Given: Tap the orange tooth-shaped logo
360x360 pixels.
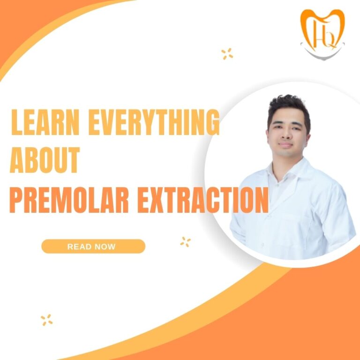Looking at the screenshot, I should click(322, 30).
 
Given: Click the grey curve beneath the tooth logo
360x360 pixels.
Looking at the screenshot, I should click(322, 52).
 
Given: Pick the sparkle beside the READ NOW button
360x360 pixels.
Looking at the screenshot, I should click(185, 242).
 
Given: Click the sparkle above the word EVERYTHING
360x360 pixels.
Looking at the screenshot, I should click(227, 54).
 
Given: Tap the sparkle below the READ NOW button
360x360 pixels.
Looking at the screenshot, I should click(46, 320).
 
